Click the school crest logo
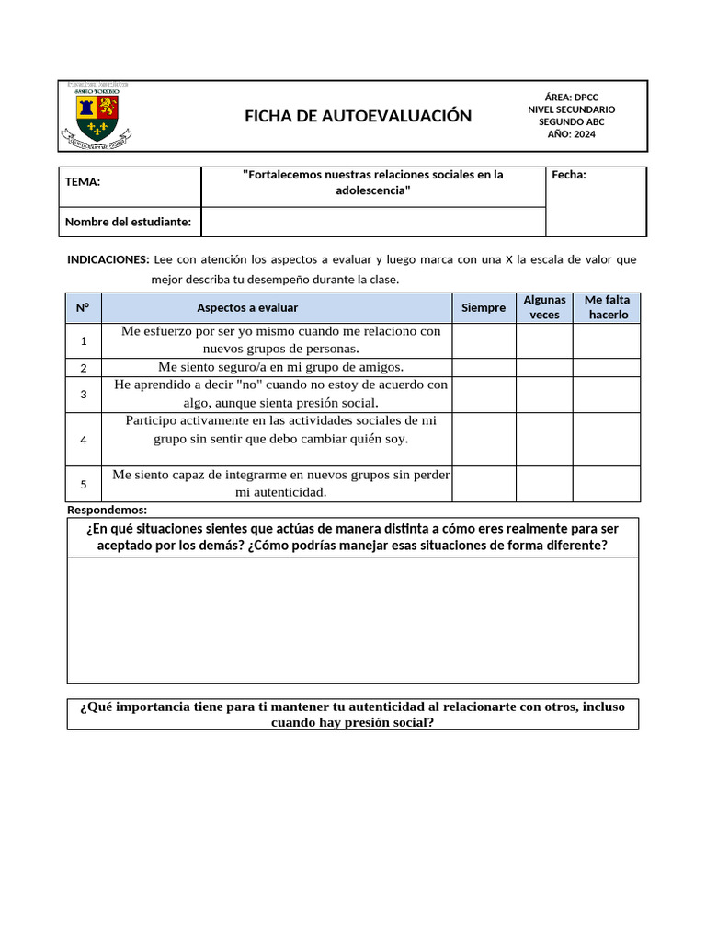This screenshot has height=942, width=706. [x=97, y=115]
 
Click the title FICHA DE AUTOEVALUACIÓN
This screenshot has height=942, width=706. [x=358, y=116]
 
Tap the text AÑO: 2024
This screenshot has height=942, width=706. [x=571, y=134]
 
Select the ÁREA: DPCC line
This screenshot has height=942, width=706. [x=571, y=97]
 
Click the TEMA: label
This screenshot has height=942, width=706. [x=83, y=181]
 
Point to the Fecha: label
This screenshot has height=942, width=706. [x=569, y=175]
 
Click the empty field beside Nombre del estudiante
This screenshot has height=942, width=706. [x=372, y=222]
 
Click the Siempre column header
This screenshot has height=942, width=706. [x=484, y=308]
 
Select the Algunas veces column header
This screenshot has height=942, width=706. [x=544, y=307]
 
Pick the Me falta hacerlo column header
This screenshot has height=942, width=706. [x=607, y=307]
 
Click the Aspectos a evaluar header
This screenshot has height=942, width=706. [x=247, y=308]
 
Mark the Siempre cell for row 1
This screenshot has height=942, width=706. [x=484, y=340]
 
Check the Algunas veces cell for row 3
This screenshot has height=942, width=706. [x=544, y=394]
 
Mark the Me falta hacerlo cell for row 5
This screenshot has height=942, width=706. [x=607, y=484]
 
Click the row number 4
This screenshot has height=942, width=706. [x=84, y=440]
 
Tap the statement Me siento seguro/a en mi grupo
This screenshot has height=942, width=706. [x=281, y=367]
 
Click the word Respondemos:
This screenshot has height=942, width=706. [x=107, y=510]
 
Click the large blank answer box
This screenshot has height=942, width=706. [x=353, y=619]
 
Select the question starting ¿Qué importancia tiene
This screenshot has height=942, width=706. [x=353, y=715]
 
